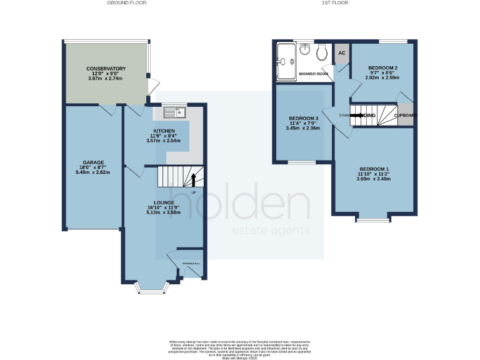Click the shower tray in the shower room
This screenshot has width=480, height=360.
click(x=287, y=62)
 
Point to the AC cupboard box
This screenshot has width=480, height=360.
click(x=341, y=53)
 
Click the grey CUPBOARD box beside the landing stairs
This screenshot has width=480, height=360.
click(x=405, y=115)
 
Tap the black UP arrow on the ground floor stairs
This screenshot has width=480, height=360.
click(x=193, y=179)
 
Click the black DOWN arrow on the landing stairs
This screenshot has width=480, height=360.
click(x=361, y=115)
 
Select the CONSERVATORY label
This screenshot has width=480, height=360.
click(x=106, y=69)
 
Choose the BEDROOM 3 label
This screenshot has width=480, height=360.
click(x=304, y=119)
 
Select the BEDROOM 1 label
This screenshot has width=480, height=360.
click(x=374, y=169)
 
